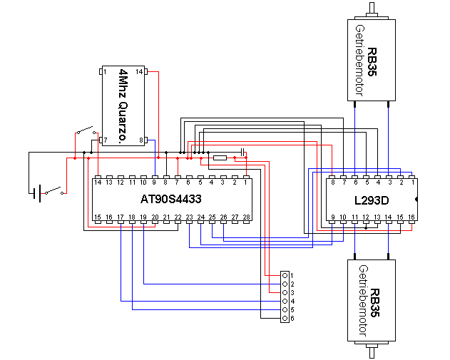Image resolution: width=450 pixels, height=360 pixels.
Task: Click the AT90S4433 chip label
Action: tap(171, 199)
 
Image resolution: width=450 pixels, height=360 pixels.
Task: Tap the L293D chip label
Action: tap(372, 200)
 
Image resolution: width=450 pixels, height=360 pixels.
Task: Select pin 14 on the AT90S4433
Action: tap(98, 178)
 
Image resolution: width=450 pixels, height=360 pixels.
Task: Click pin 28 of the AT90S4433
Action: tap(246, 222)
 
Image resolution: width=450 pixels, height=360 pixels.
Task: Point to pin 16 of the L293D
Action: tap(411, 222)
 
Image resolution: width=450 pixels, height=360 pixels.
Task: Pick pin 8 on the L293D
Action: tap(332, 178)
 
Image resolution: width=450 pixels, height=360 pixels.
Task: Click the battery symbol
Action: tap(36, 193)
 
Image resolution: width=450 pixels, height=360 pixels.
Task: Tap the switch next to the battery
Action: tap(53, 191)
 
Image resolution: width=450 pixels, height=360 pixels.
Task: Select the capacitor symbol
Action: tap(243, 152)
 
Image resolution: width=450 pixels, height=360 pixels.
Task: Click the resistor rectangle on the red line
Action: tap(220, 158)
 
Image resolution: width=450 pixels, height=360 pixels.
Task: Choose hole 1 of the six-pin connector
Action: tap(285, 275)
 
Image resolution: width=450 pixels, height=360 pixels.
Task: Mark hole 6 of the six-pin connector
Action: tap(285, 319)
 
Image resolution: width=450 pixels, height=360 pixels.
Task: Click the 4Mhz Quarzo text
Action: tap(123, 106)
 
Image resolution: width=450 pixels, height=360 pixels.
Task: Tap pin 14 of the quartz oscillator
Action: tap(146, 71)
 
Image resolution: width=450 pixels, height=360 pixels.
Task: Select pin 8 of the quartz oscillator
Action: tap(146, 140)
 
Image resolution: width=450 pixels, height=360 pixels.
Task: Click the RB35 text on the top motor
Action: tap(372, 62)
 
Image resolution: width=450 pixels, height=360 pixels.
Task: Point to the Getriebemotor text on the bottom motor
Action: tap(363, 301)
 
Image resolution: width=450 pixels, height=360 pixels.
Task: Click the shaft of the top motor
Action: tap(372, 11)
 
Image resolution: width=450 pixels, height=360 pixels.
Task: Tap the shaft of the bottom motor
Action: tap(372, 349)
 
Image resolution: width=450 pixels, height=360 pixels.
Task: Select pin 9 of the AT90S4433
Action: tap(155, 178)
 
